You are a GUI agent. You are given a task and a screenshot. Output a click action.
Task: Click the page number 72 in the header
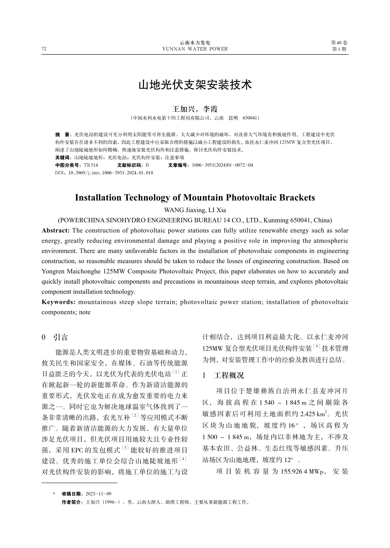pos(44,49)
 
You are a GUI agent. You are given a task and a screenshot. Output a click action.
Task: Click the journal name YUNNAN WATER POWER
pos(195,49)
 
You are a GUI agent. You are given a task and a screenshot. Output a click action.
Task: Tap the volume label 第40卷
pos(339,43)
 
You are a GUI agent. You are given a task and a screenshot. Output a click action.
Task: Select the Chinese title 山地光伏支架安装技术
pos(195,85)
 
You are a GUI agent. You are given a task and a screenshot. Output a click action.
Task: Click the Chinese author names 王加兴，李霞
pos(195,109)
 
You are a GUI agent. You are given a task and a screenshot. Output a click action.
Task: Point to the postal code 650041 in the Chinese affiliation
pos(250,118)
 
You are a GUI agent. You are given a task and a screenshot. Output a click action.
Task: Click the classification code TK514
pos(91,165)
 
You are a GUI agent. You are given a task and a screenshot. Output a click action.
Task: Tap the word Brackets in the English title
pos(297,198)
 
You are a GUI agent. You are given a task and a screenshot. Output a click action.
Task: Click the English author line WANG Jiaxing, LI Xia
pos(195,210)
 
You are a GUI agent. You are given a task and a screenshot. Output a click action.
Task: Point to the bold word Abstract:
pos(56,231)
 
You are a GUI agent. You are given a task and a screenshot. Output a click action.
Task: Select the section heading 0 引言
pos(55,338)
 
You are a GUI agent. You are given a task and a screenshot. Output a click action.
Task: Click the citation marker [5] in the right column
pos(317,347)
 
